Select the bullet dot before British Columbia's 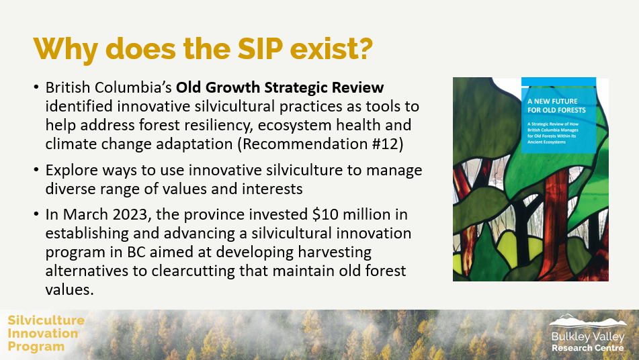tap(36, 89)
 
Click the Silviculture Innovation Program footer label tap(46, 333)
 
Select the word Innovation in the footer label tap(43, 333)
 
